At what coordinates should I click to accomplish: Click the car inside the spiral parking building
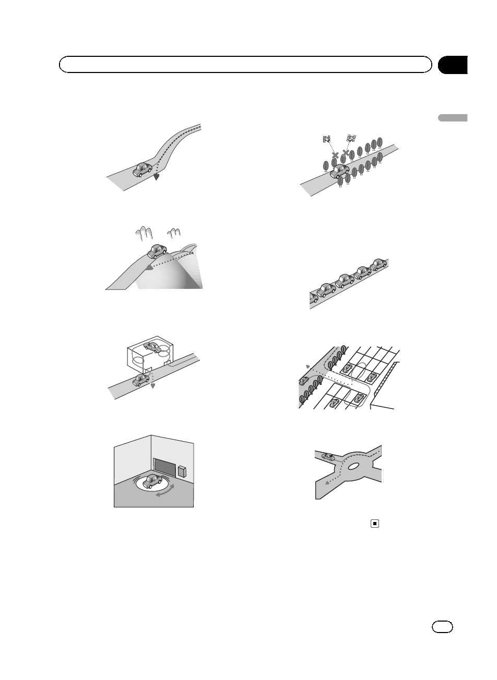click(152, 347)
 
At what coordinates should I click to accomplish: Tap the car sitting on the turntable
click(151, 481)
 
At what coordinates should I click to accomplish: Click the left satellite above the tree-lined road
click(327, 139)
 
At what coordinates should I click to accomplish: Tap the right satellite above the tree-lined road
click(351, 139)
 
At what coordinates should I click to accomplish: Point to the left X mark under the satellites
click(335, 155)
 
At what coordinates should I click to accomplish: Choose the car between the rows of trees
click(339, 170)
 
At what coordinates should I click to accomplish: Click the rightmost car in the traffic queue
click(378, 264)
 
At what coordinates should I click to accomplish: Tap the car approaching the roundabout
click(328, 456)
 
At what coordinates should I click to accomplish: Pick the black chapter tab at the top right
click(452, 65)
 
